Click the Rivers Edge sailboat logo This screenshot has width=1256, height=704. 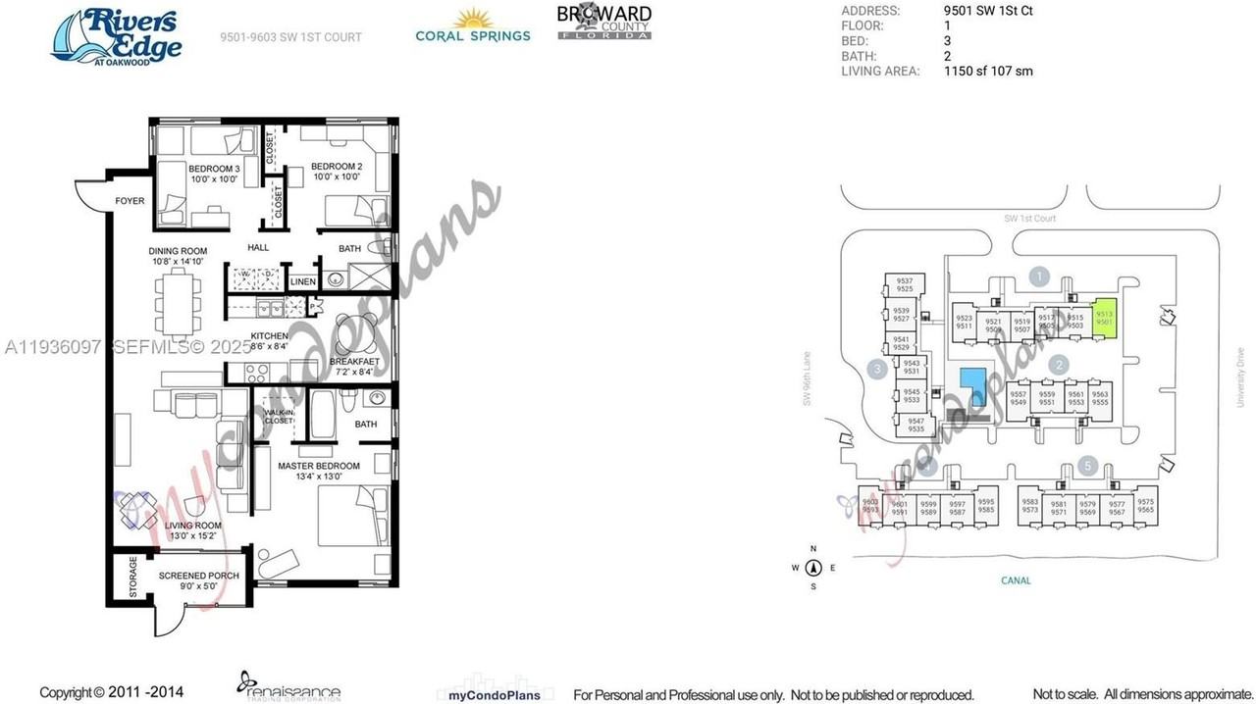pos(117,36)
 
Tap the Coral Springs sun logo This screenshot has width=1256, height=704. pos(473,25)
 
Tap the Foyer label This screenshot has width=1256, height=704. pos(130,201)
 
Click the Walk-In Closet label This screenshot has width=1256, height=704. pos(278,416)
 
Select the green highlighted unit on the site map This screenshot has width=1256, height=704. pos(1105,319)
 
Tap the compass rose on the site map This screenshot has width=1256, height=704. pos(813,568)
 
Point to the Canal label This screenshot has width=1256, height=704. pos(1016,580)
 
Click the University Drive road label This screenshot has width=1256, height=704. pos(1240,377)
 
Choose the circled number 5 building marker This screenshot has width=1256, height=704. pos(1086,466)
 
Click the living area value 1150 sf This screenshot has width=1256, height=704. pos(988,71)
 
